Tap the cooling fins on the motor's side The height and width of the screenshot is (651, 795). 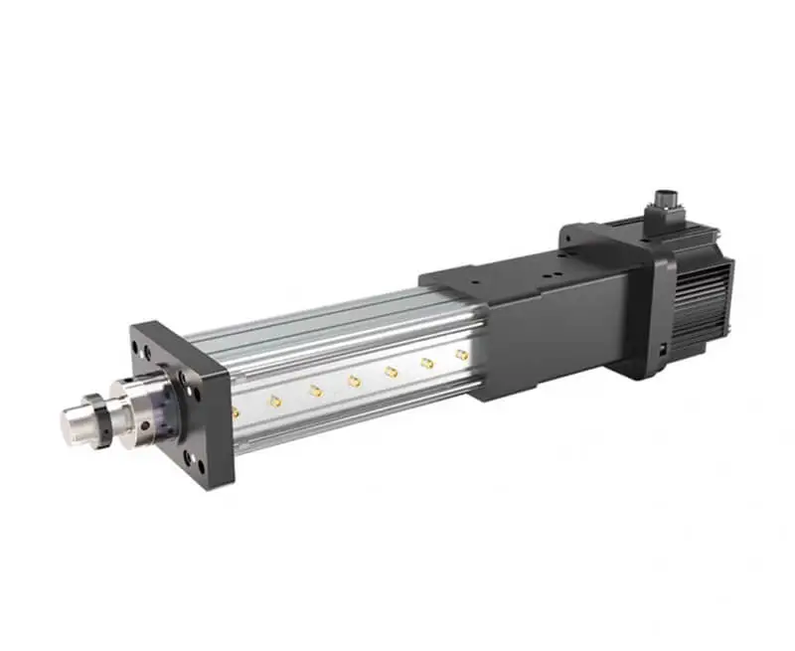708,298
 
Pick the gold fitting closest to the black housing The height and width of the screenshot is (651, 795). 461,354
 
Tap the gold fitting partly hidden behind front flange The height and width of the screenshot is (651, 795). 235,409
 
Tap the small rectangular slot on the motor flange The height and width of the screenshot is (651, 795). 659,349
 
